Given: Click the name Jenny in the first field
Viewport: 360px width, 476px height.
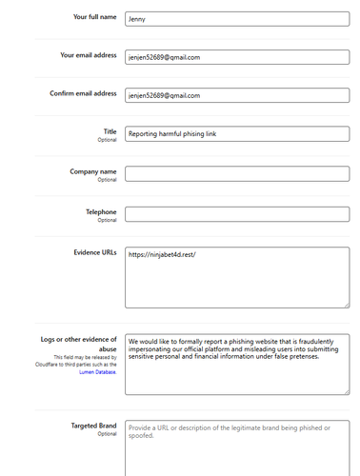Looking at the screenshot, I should tap(138, 18).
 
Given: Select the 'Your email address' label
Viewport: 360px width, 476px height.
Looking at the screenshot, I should tap(88, 55).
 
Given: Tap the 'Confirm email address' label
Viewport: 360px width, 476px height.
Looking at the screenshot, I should tap(83, 93).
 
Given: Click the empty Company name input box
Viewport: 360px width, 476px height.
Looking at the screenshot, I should tap(237, 173).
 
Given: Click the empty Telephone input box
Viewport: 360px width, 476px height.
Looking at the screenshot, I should tap(237, 214).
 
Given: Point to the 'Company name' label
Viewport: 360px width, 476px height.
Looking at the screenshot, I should tap(93, 171).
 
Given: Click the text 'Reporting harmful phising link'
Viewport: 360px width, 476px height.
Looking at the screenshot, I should tap(172, 134).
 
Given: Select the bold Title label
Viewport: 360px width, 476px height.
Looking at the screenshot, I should tap(109, 131).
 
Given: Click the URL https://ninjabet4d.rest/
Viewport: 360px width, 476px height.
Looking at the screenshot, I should tap(161, 255).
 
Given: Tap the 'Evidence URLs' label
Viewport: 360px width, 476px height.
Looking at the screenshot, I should tap(94, 252).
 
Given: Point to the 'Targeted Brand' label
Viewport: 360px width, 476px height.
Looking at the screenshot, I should tap(93, 426).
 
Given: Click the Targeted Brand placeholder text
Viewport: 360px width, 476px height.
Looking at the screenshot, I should tap(229, 432).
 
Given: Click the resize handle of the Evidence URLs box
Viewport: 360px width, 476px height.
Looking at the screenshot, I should tap(345, 305).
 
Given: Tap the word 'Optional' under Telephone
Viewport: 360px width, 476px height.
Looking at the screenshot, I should tap(107, 220).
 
